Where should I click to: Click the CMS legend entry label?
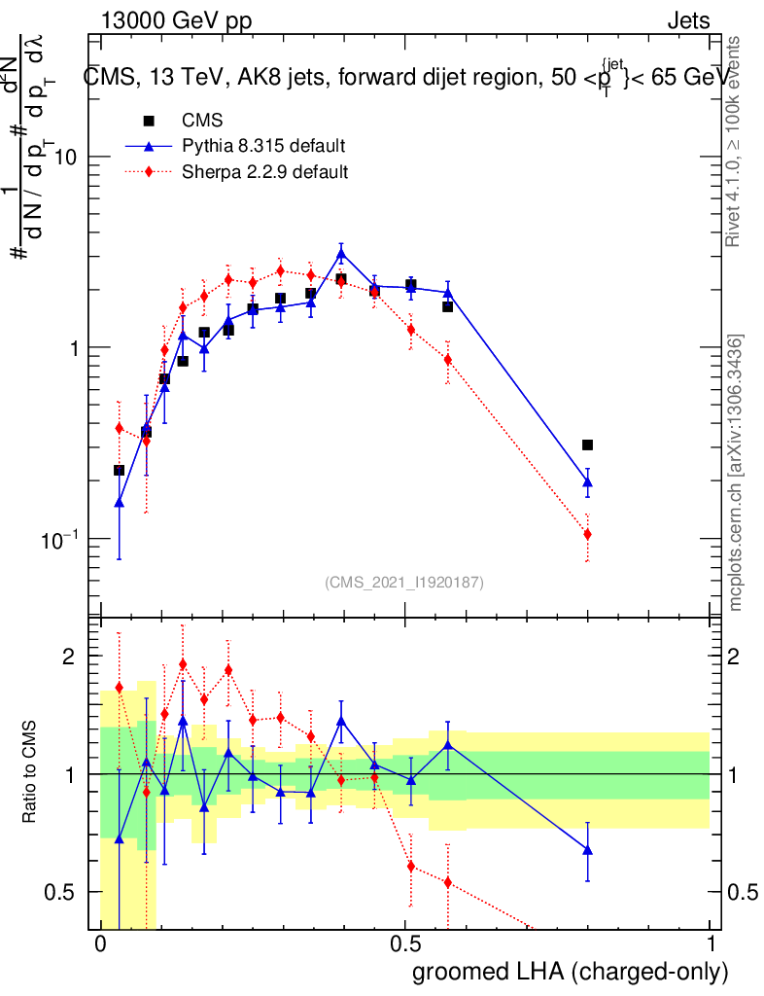tap(202, 121)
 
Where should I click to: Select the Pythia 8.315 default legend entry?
tap(263, 146)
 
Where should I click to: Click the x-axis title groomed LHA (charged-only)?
tap(571, 972)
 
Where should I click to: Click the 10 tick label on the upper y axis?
tap(63, 157)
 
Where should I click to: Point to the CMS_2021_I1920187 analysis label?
tap(404, 582)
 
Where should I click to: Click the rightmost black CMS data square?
tap(587, 445)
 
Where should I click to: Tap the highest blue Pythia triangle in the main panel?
tap(341, 255)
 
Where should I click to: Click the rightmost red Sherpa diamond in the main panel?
tap(587, 534)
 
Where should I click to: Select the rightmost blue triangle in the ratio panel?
tap(587, 849)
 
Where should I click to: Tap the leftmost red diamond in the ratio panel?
tap(120, 688)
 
